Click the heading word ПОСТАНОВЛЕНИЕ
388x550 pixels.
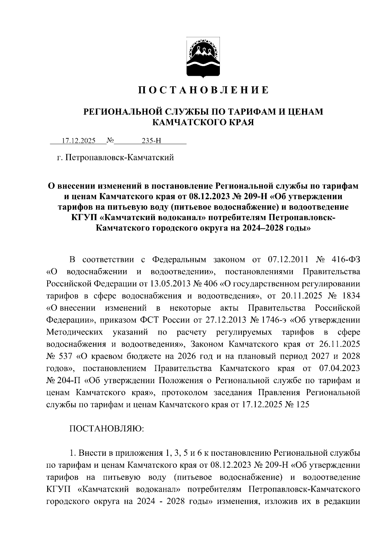point(203,90)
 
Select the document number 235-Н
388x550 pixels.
point(151,141)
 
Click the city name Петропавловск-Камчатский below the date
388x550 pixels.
point(120,158)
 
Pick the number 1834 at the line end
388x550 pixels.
point(351,296)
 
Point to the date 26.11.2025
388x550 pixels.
point(340,344)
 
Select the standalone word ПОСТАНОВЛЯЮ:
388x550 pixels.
point(107,429)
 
